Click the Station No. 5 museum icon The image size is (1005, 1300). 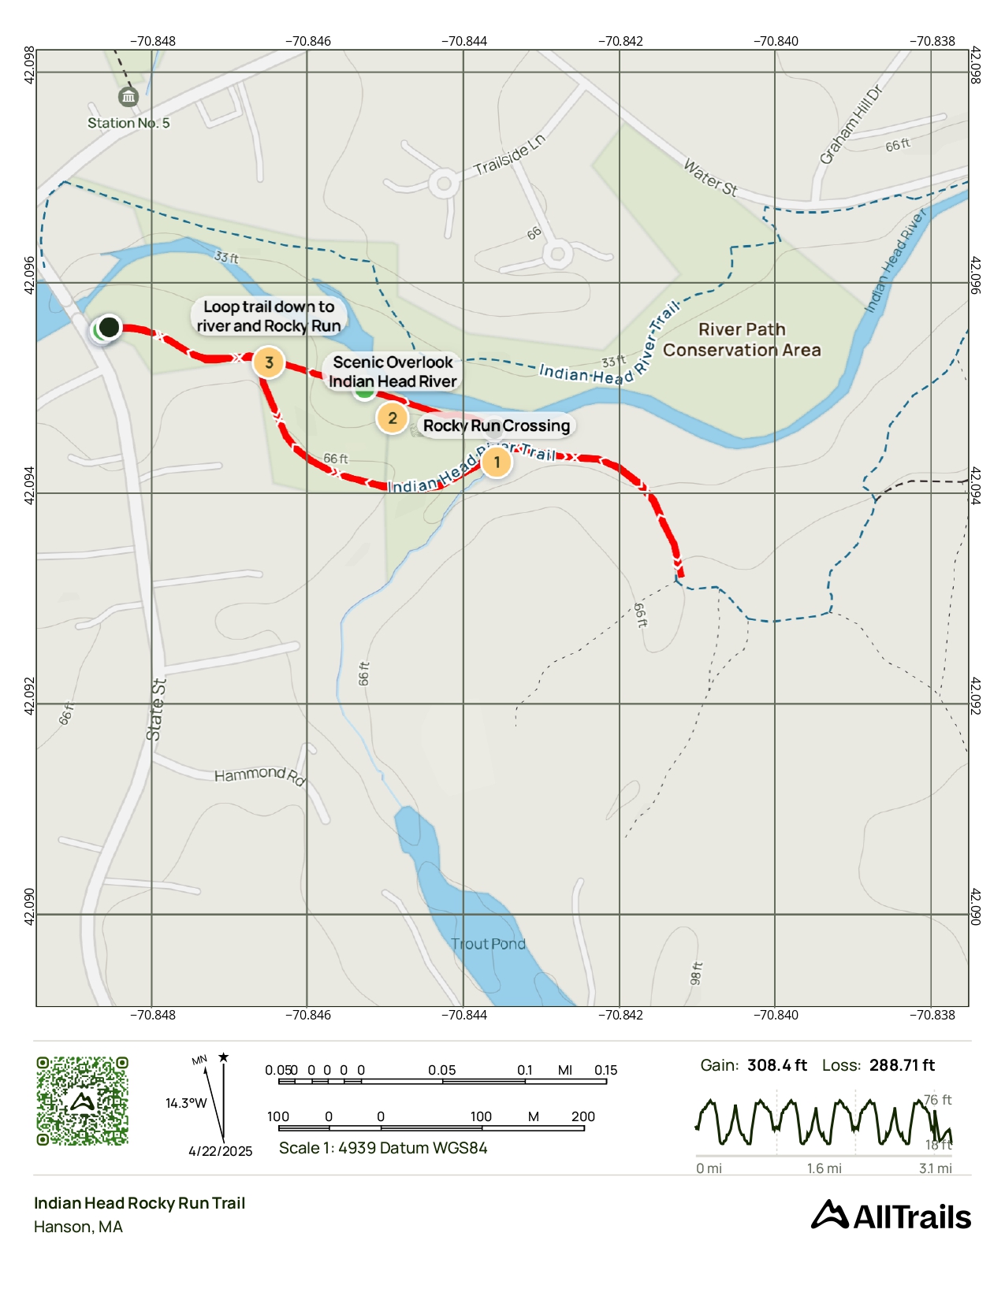point(128,97)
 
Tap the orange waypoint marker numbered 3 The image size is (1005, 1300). point(269,362)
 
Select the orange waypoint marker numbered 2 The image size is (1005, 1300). point(392,418)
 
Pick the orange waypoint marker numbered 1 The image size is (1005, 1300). point(497,462)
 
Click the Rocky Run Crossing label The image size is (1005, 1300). point(496,426)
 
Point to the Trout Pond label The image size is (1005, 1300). point(488,944)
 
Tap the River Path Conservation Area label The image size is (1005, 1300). point(742,340)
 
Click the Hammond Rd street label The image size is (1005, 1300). point(259,775)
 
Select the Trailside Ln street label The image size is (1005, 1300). point(509,155)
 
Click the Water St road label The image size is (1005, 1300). point(709,177)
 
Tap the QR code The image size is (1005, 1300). point(82,1101)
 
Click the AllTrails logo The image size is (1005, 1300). point(891,1216)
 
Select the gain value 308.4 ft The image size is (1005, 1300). point(776,1065)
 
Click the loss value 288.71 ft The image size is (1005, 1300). point(902,1065)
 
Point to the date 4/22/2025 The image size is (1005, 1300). point(220,1151)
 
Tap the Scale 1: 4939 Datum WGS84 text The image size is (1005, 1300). point(383,1148)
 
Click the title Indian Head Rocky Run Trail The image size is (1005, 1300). point(140,1203)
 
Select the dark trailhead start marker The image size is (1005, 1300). point(109,327)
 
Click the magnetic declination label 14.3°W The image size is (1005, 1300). point(186,1103)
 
